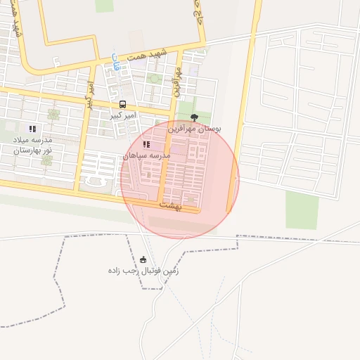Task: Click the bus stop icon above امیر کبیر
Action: coord(123,104)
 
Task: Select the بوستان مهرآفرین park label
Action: coord(195,129)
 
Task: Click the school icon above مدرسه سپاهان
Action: coord(146,144)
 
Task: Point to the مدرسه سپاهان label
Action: coord(146,155)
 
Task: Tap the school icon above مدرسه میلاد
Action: coord(32,129)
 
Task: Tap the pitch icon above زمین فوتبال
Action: coord(144,259)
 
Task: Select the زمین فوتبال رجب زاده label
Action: coord(143,270)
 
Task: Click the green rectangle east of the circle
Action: coord(302,210)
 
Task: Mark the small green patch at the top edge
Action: coord(104,6)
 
